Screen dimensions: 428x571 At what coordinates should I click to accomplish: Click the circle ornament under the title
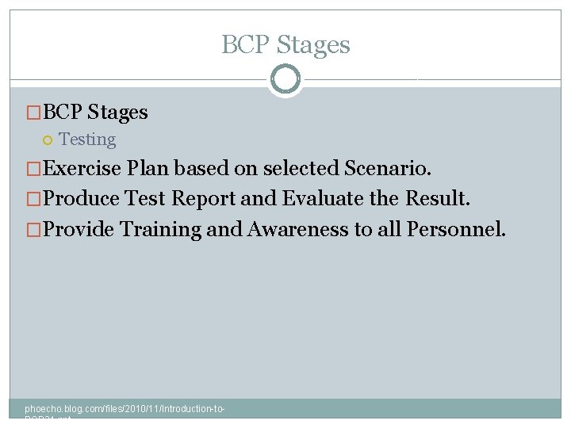pos(285,79)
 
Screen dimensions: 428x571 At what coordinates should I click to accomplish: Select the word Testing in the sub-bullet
pos(87,139)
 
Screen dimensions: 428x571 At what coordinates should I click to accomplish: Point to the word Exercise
pos(82,168)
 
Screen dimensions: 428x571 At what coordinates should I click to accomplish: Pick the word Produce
pos(82,198)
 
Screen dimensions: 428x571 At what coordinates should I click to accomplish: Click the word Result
pos(437,198)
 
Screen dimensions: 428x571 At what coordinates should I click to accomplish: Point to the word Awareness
pos(298,229)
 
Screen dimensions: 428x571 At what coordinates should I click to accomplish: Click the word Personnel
pos(455,229)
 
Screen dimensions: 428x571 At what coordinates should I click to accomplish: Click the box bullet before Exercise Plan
pos(33,169)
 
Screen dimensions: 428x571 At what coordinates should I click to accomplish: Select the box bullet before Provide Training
pos(33,230)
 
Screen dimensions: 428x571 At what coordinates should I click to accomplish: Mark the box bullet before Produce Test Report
pos(33,199)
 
